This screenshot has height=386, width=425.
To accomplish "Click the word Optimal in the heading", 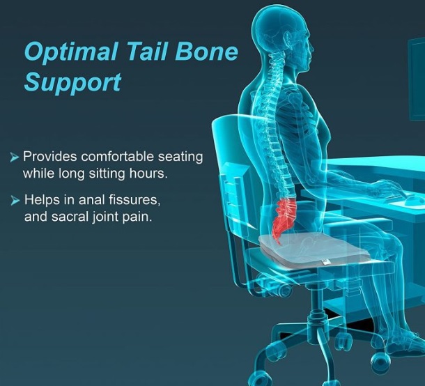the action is pyautogui.click(x=71, y=52).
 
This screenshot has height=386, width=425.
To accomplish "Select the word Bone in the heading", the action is pyautogui.click(x=206, y=51).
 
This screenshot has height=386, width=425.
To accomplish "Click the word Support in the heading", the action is pyautogui.click(x=72, y=83).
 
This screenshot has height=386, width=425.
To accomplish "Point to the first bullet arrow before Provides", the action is pyautogui.click(x=15, y=157).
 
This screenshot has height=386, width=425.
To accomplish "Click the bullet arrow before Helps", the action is pyautogui.click(x=15, y=201).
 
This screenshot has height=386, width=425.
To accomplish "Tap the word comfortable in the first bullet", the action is pyautogui.click(x=118, y=157).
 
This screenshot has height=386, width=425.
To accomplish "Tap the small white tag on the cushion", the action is pyautogui.click(x=326, y=261).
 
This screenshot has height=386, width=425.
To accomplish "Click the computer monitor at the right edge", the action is pyautogui.click(x=417, y=79).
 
